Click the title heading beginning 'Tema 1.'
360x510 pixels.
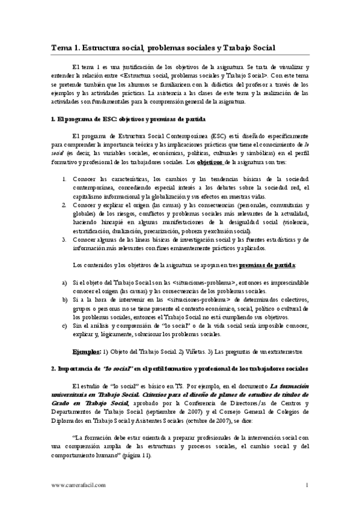click(x=162, y=49)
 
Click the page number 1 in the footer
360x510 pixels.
click(x=307, y=485)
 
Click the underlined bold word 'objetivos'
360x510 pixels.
click(x=212, y=163)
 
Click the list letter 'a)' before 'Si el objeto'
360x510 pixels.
click(x=64, y=281)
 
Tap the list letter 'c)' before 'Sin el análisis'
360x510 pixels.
click(x=64, y=325)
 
